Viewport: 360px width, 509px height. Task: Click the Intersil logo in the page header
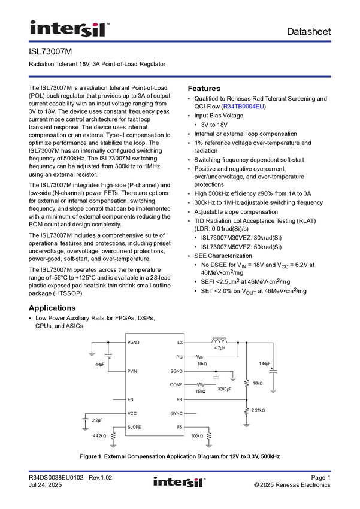click(69, 28)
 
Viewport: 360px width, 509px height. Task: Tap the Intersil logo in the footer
click(180, 482)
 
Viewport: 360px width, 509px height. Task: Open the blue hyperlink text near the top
click(244, 107)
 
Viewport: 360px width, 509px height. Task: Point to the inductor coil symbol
click(220, 341)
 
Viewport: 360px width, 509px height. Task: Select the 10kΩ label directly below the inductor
click(202, 364)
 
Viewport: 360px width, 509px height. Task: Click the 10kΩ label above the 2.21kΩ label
click(258, 383)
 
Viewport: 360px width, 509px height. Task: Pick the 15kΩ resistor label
click(200, 392)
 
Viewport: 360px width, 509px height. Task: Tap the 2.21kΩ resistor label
click(258, 410)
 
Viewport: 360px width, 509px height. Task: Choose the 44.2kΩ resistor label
click(99, 436)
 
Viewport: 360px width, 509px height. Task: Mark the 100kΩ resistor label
click(197, 436)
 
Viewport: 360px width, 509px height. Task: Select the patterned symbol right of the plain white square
click(108, 356)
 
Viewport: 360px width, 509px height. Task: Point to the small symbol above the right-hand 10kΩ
click(274, 371)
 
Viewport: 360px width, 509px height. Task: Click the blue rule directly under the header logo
click(180, 41)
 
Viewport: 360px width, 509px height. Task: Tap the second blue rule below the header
click(180, 77)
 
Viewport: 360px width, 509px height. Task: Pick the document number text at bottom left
click(71, 476)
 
